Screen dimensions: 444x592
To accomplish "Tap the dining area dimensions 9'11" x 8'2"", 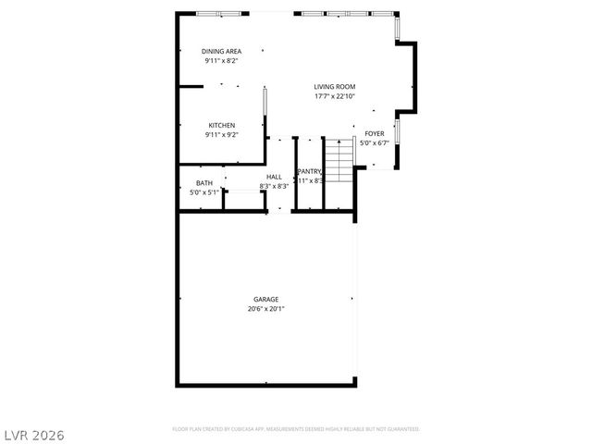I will (221, 61).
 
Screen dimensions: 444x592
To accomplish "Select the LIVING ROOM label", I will (334, 86).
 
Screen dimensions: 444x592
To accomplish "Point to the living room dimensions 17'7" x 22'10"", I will (335, 96).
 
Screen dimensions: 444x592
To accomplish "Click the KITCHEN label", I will (221, 125).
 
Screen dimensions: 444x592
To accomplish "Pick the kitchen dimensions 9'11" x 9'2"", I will (221, 135).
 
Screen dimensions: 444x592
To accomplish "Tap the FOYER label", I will (375, 133).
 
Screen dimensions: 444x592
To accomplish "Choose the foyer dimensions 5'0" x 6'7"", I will (375, 143).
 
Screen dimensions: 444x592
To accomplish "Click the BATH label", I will (203, 183).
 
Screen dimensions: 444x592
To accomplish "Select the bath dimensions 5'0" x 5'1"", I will (203, 192).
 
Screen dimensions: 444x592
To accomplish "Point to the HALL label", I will (274, 177).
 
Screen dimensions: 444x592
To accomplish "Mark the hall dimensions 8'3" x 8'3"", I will (274, 186).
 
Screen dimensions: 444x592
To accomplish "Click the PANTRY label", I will (310, 172).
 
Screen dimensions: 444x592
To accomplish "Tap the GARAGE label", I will (266, 299).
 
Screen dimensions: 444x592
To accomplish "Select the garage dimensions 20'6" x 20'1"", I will (266, 309).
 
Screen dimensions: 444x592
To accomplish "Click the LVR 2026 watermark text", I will (34, 434).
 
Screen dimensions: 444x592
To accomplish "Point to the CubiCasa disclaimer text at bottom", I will (296, 429).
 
